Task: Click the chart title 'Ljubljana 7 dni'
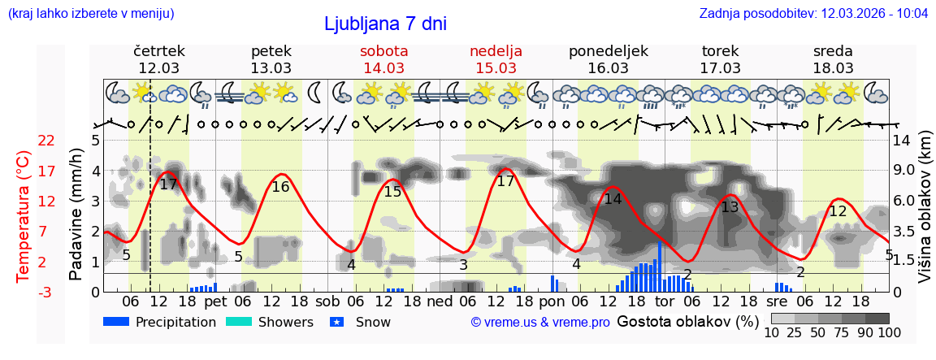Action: tap(385, 24)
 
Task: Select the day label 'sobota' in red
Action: tap(384, 50)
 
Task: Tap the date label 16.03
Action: tap(609, 67)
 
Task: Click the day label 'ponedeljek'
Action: tap(609, 50)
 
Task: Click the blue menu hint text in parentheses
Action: tap(90, 14)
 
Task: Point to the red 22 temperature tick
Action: tap(46, 141)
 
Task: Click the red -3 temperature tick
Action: tap(46, 292)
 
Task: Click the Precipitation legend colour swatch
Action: tap(117, 322)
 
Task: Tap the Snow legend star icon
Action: tap(339, 322)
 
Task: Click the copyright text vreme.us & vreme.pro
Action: tap(540, 323)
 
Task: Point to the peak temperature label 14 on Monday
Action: tap(613, 199)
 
